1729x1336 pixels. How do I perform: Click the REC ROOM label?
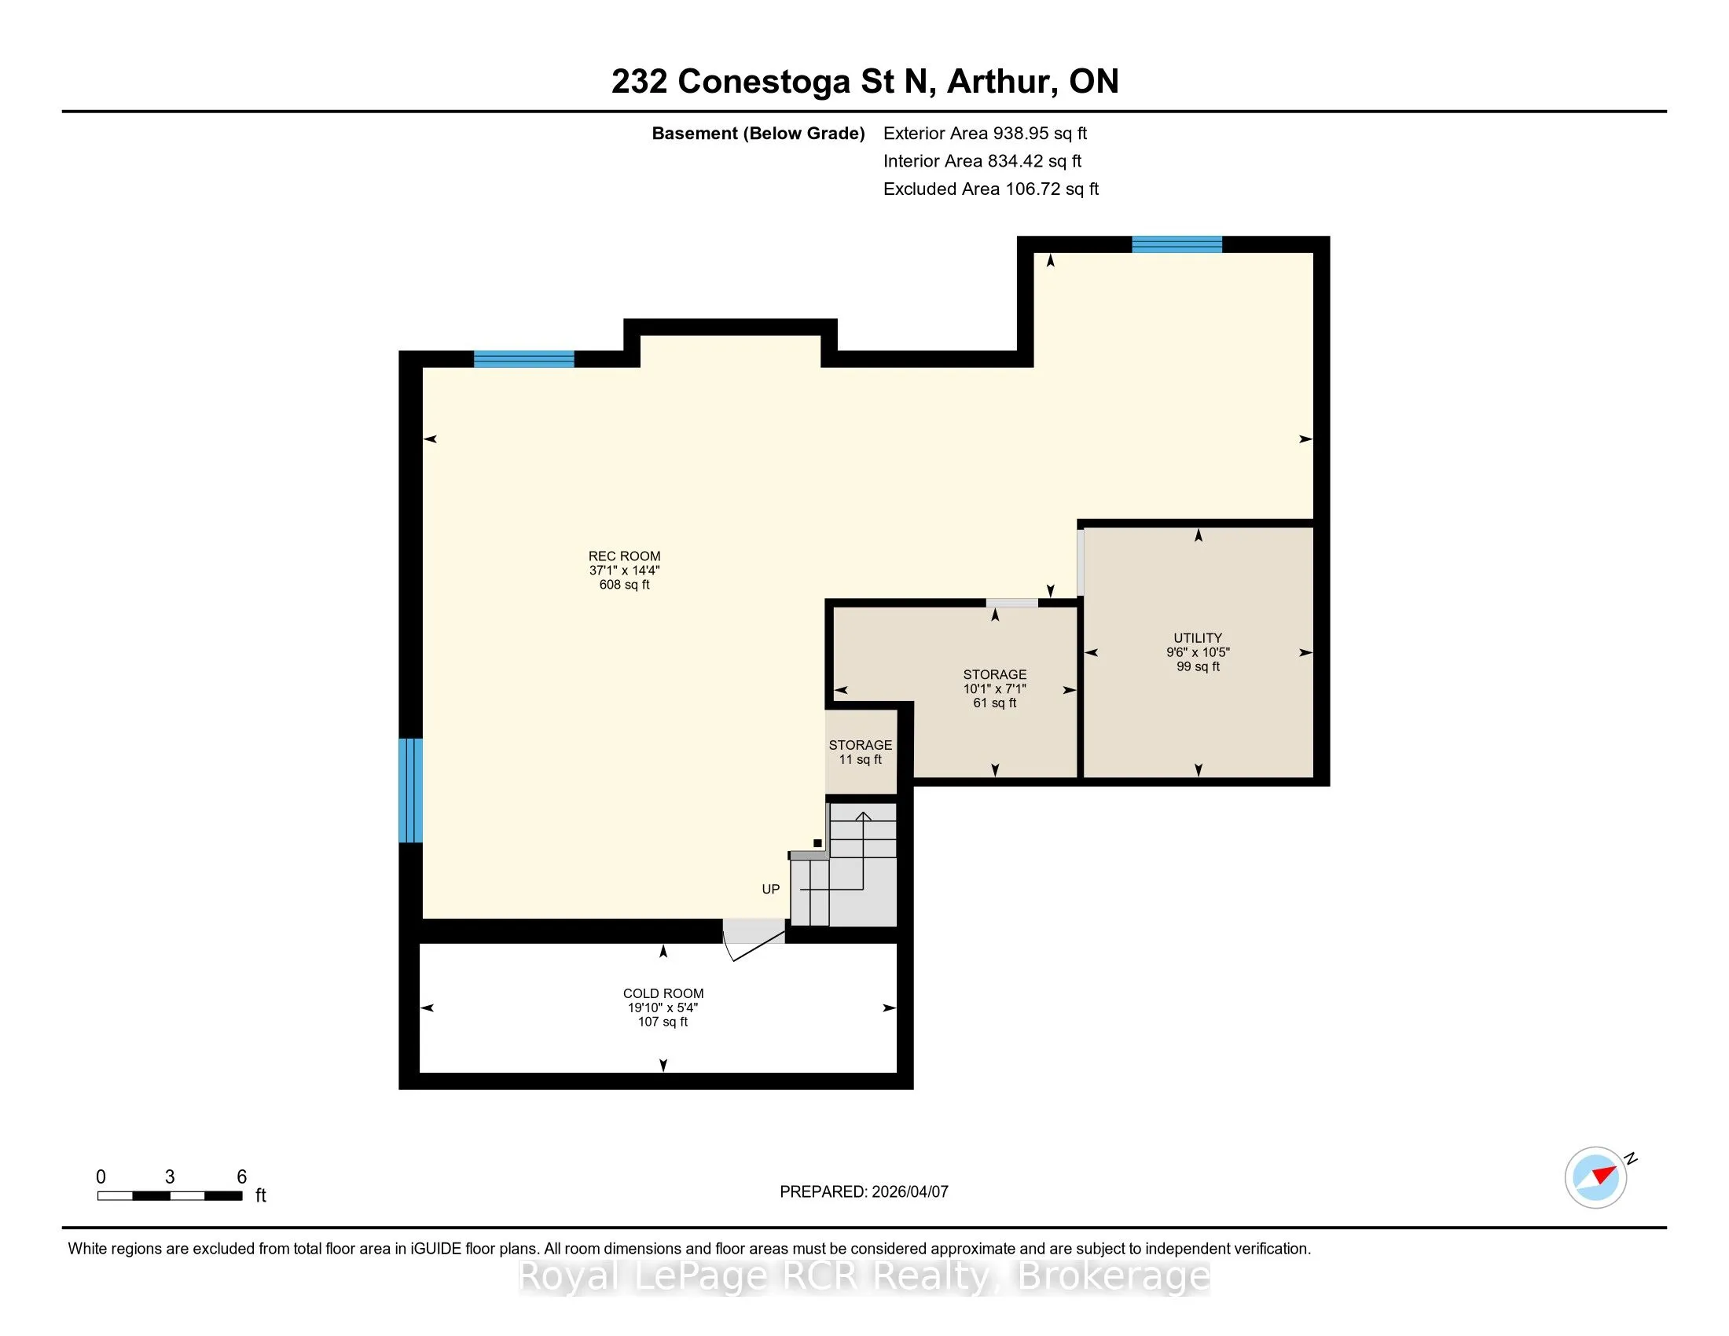624,570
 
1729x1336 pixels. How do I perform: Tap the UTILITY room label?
1198,652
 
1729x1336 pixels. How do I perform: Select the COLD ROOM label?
663,1008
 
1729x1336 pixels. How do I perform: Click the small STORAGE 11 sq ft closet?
861,752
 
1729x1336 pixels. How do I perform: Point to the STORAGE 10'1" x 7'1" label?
995,688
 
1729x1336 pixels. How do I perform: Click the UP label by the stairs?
770,889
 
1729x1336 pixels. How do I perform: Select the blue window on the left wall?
410,790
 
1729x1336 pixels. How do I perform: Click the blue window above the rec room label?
523,358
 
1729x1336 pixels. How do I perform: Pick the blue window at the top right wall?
1177,244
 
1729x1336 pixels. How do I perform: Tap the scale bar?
170,1196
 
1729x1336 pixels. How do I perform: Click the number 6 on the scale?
241,1177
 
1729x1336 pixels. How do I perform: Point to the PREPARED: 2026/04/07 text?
864,1192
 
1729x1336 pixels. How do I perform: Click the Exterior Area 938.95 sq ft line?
985,134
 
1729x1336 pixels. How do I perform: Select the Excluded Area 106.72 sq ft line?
991,189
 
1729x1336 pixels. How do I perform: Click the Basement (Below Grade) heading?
758,134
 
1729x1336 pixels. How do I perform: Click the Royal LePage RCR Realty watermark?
864,1275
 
